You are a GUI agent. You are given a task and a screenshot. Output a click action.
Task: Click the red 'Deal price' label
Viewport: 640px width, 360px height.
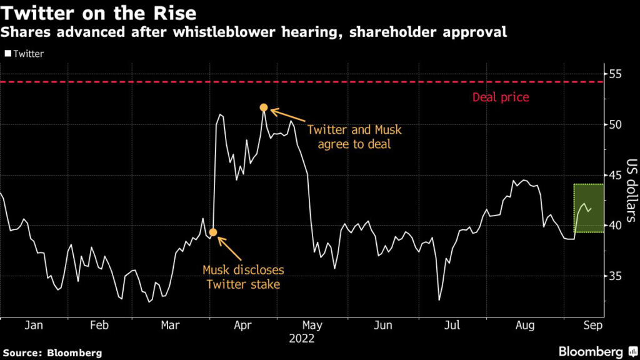point(501,97)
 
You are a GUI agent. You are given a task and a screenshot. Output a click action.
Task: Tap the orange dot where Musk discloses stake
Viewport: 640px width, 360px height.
point(212,232)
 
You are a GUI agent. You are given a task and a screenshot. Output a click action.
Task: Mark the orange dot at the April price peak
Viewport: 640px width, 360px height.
point(264,108)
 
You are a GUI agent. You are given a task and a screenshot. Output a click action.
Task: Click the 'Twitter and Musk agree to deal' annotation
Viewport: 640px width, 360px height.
point(354,136)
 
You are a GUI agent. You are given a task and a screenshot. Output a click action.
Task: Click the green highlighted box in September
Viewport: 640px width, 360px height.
point(588,208)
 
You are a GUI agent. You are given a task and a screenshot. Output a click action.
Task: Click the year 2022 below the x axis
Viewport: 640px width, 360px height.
point(302,339)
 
